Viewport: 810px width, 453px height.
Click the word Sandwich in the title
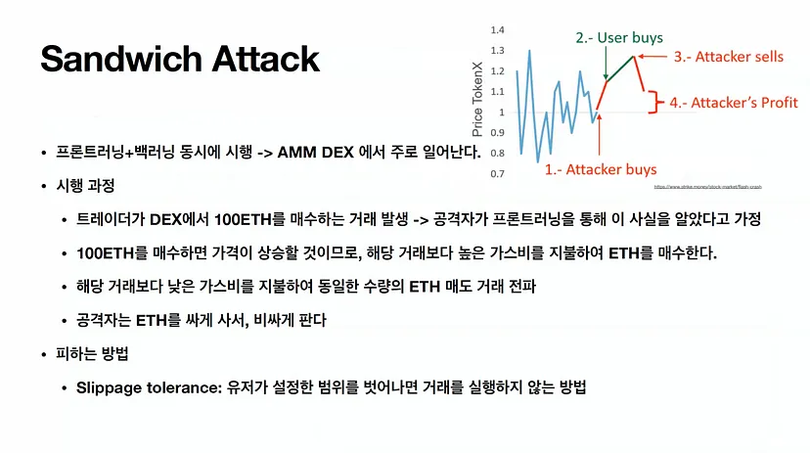[119, 60]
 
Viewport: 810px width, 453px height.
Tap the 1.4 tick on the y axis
[497, 29]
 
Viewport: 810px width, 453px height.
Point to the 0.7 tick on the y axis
[497, 174]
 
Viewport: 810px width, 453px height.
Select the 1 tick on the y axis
[500, 113]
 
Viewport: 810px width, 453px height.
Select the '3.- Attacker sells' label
[729, 57]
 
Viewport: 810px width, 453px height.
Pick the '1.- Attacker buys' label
[600, 169]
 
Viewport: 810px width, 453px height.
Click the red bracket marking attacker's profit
[654, 102]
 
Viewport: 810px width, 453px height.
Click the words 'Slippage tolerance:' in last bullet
[142, 387]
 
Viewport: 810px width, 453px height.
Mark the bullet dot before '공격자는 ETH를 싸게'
[65, 321]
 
